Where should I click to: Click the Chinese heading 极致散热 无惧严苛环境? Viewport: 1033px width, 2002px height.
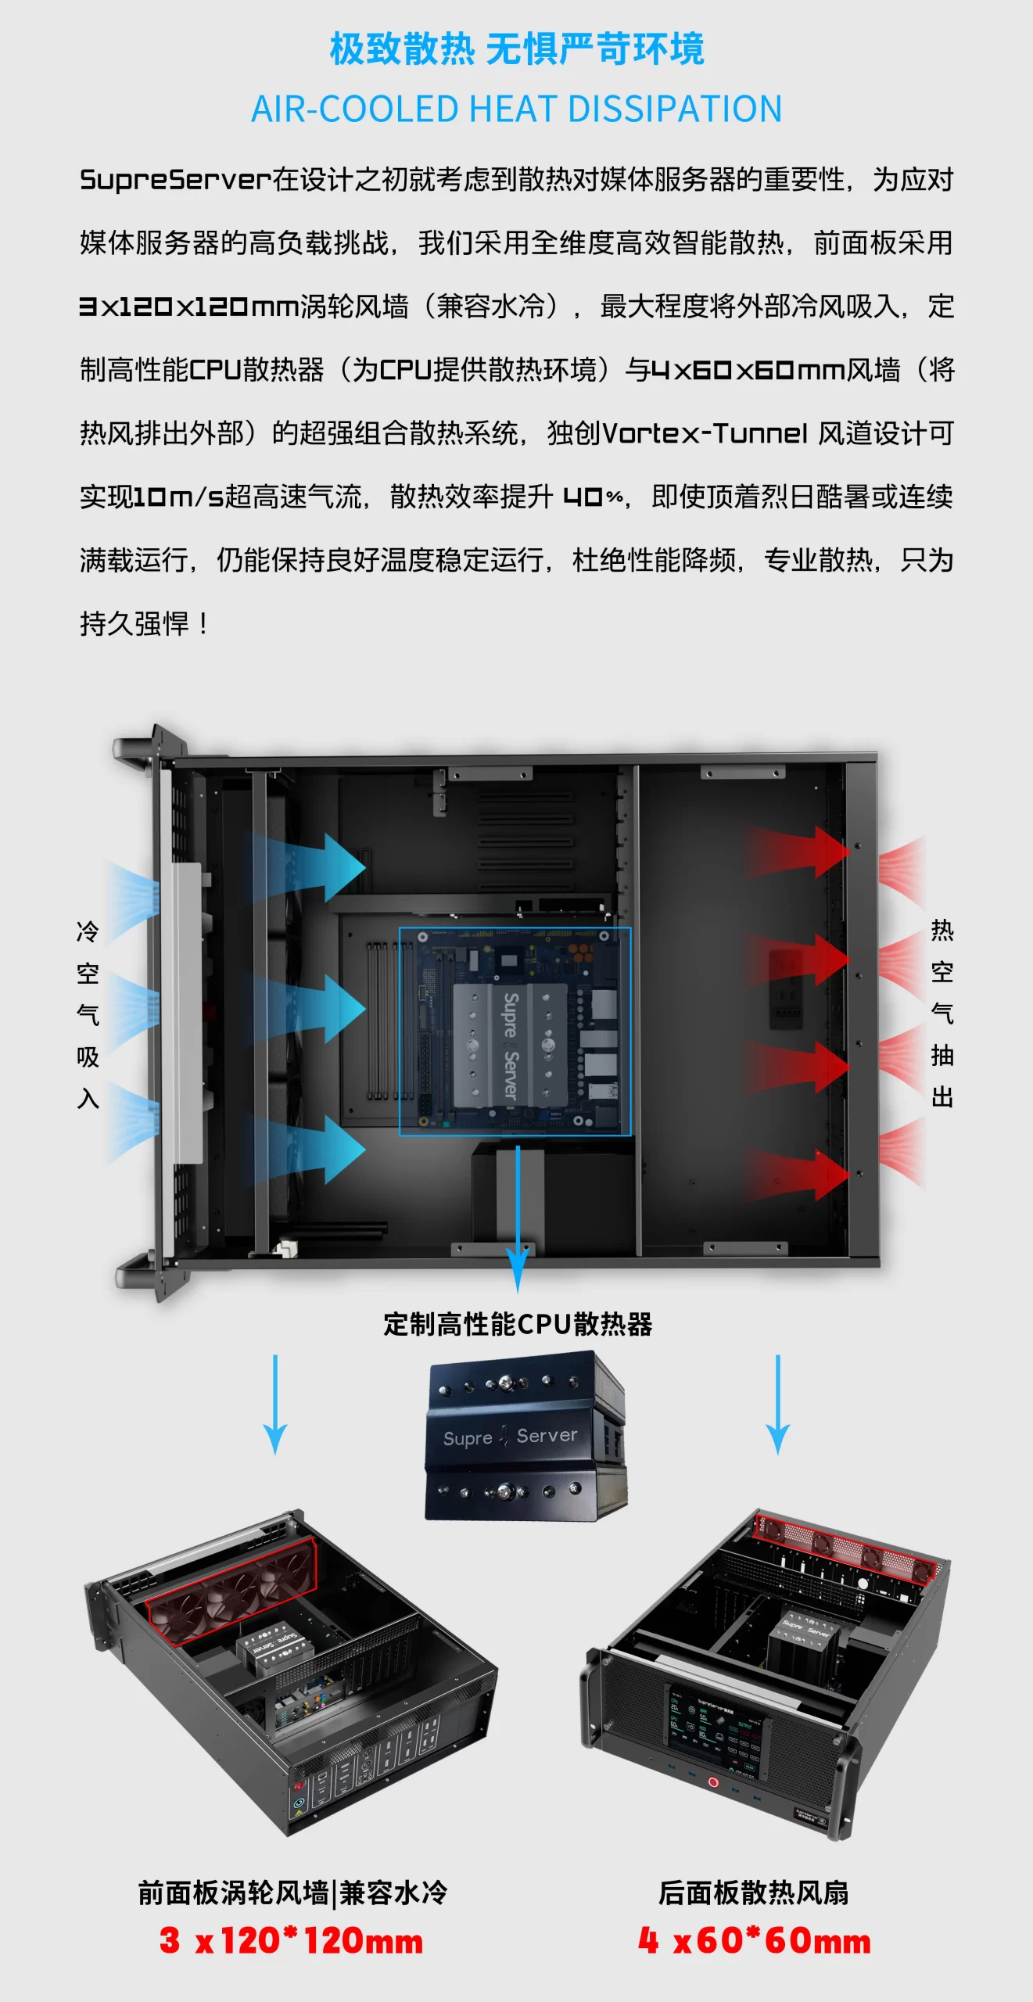516,48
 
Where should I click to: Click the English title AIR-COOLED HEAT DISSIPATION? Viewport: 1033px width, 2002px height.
516,109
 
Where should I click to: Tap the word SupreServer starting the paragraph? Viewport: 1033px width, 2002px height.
175,180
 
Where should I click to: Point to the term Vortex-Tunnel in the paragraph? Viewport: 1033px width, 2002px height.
705,433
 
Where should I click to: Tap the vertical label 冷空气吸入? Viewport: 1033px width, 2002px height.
88,1014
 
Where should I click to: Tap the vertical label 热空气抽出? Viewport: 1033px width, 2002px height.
942,1014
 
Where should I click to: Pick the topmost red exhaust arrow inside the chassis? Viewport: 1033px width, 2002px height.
798,851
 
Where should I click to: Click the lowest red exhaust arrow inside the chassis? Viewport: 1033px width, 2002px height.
798,1173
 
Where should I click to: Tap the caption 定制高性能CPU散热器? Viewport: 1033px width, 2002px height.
517,1324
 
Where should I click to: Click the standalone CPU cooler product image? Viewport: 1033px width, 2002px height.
525,1436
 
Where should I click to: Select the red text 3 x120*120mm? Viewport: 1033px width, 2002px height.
291,1941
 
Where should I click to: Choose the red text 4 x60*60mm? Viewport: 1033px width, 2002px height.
754,1941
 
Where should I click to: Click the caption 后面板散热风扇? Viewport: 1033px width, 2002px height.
753,1893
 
